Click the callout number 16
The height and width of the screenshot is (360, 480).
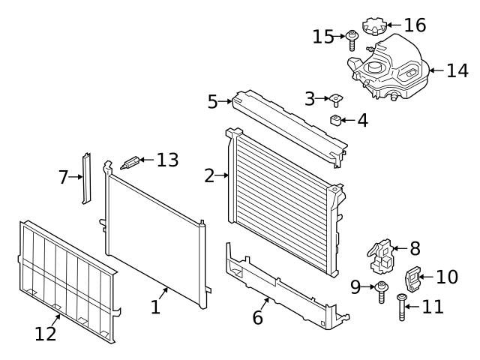415,25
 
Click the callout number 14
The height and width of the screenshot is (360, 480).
457,71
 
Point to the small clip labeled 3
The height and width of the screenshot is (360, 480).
334,99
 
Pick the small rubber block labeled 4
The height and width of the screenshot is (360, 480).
337,120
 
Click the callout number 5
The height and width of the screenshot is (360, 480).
213,100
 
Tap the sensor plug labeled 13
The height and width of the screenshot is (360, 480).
130,163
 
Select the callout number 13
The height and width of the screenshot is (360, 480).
167,160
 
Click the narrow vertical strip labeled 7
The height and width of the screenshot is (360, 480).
87,178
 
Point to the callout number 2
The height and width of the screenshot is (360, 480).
209,176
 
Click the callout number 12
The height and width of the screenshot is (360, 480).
45,334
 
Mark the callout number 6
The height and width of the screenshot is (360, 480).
257,317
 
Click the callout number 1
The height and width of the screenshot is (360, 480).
155,307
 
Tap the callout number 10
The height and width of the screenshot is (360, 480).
446,277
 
